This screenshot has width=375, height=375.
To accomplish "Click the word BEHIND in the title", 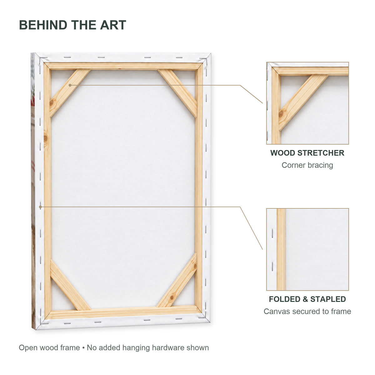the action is [x=43, y=25].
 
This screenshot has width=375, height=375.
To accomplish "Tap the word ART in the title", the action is [x=113, y=25].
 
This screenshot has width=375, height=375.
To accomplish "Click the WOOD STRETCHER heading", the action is [x=307, y=153].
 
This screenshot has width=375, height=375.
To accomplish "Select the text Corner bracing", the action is [x=307, y=165].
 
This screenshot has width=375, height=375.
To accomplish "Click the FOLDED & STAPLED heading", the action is [x=307, y=299].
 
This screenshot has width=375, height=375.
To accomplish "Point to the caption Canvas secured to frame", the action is [x=307, y=311].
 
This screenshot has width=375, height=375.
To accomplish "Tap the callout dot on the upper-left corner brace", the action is [x=70, y=85].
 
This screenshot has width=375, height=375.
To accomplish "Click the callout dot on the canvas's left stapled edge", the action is [x=40, y=207].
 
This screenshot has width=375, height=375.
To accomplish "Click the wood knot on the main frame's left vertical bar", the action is [x=46, y=138].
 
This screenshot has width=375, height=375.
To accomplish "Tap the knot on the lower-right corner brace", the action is [x=172, y=297].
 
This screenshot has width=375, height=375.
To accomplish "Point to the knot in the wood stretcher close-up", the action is [x=281, y=114].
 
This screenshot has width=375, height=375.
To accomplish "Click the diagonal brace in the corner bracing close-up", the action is [x=303, y=102].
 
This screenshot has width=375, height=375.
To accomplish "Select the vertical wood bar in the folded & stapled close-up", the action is [x=281, y=249].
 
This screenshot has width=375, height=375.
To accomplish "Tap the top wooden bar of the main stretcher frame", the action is [x=123, y=66].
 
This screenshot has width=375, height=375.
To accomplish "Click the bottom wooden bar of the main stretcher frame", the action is [x=123, y=313].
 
